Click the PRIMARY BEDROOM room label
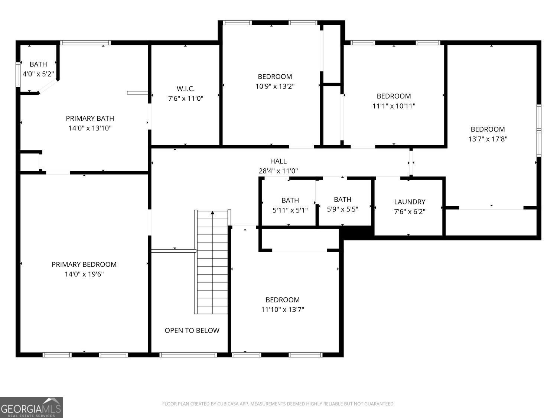(x=84, y=265)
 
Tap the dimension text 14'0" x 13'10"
(x=90, y=128)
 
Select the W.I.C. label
(x=186, y=88)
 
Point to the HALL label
(x=278, y=161)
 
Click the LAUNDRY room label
(x=410, y=202)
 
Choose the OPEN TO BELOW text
(x=192, y=330)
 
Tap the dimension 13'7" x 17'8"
(x=488, y=139)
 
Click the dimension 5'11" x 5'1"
(x=290, y=210)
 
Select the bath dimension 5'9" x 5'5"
(x=343, y=210)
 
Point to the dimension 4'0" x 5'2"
(x=38, y=74)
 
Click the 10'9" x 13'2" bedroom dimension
(x=275, y=87)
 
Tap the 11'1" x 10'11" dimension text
(x=394, y=106)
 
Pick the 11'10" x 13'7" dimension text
(x=283, y=310)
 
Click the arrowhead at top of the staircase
(x=213, y=213)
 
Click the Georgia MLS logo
(x=31, y=408)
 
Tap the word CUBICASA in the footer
(x=228, y=404)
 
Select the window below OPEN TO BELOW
(x=188, y=355)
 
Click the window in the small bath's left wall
(x=18, y=74)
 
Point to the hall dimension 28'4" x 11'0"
(x=278, y=171)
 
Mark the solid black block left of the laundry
(x=356, y=233)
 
